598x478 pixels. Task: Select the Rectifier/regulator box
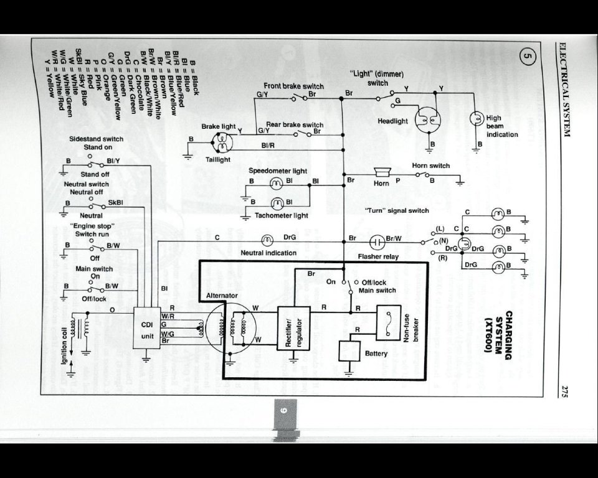click(x=293, y=328)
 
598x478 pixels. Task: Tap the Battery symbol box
click(x=349, y=350)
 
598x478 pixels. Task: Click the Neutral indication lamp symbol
click(x=267, y=240)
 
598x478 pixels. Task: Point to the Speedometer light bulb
click(x=277, y=184)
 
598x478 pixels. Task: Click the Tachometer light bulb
click(x=277, y=203)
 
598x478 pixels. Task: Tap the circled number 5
click(x=526, y=58)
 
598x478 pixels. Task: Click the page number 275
click(x=562, y=391)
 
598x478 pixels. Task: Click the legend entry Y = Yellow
click(x=50, y=82)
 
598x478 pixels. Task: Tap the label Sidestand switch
click(x=96, y=139)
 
